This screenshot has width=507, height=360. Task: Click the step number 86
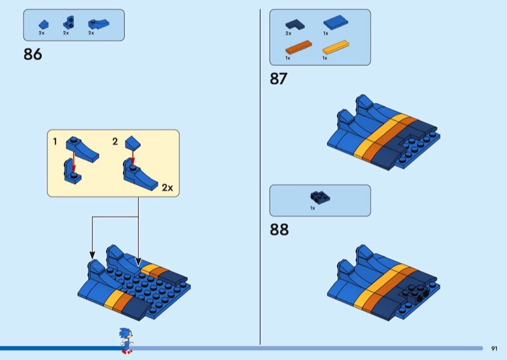33,55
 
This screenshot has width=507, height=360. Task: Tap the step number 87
278,79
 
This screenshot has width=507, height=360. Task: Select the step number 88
279,229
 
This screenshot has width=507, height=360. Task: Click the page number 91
494,348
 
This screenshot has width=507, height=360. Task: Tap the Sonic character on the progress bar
125,340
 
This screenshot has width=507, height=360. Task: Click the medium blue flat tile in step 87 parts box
335,23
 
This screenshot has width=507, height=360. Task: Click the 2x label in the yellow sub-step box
167,188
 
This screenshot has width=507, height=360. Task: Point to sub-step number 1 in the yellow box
55,142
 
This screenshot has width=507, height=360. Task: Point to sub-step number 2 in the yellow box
115,142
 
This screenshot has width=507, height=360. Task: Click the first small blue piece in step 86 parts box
42,23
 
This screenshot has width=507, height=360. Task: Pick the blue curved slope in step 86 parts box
95,24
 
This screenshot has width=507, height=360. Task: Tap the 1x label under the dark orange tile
288,58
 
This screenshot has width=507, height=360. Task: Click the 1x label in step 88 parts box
312,208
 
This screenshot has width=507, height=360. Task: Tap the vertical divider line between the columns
260,177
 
